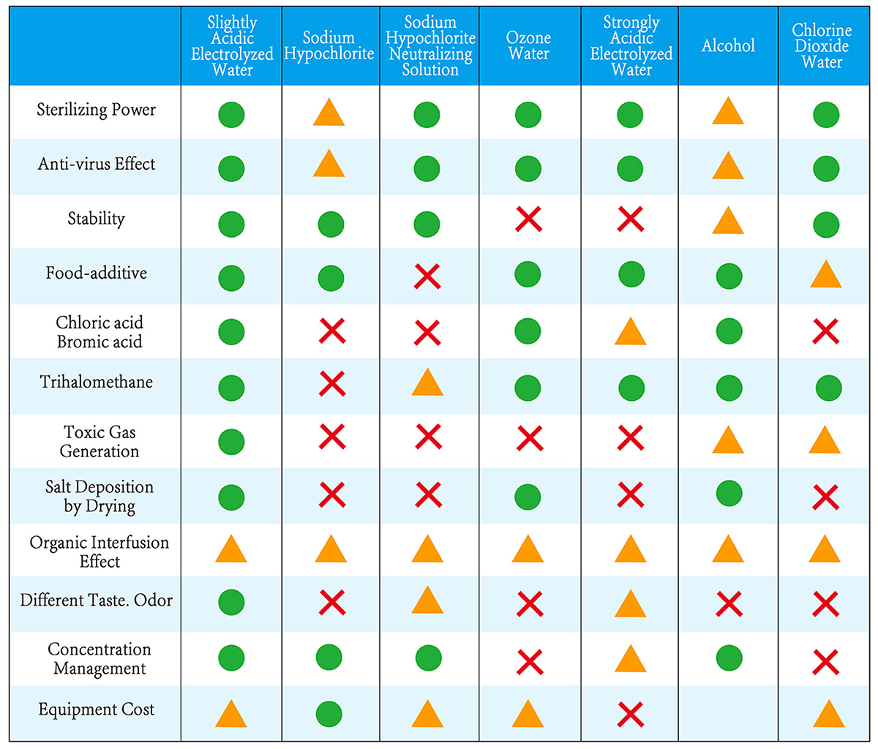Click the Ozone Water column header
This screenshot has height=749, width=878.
pyautogui.click(x=528, y=45)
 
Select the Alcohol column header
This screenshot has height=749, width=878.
pyautogui.click(x=728, y=46)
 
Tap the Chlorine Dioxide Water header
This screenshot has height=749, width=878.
pyautogui.click(x=822, y=46)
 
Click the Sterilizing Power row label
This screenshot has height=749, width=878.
pyautogui.click(x=97, y=110)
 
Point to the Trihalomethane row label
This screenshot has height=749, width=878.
pyautogui.click(x=97, y=382)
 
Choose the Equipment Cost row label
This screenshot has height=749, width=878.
pyautogui.click(x=97, y=710)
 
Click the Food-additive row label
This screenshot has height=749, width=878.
pyautogui.click(x=97, y=274)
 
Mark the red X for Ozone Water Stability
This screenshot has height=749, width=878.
pyautogui.click(x=528, y=219)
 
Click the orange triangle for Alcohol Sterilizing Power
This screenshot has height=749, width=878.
pyautogui.click(x=728, y=112)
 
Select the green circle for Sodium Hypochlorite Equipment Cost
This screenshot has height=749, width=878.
pyautogui.click(x=330, y=713)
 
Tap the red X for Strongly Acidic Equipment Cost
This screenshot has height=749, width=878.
pyautogui.click(x=630, y=713)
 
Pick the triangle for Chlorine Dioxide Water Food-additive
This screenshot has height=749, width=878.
pyautogui.click(x=825, y=275)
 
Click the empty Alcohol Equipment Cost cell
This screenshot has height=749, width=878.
pyautogui.click(x=728, y=713)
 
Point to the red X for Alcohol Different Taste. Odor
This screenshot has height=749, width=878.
pyautogui.click(x=729, y=604)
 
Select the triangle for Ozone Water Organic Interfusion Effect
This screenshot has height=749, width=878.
pyautogui.click(x=528, y=549)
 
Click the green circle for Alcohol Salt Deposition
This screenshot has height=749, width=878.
pyautogui.click(x=729, y=494)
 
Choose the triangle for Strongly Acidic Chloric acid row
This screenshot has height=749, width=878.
pyautogui.click(x=630, y=332)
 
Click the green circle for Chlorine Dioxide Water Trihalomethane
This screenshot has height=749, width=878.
pyautogui.click(x=828, y=388)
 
